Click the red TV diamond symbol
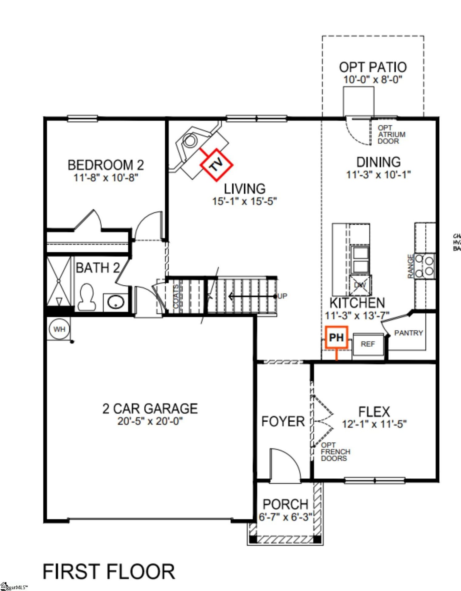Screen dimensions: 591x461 coord(216,165)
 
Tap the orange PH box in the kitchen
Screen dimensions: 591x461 coord(336,337)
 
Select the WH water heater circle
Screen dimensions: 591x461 coord(59,329)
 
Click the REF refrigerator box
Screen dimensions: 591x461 coord(368,344)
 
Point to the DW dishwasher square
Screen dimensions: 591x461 coord(360,285)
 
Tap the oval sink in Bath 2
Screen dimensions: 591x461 coord(115,302)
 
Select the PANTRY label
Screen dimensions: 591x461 coord(408,333)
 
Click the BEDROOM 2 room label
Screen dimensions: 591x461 coord(106,165)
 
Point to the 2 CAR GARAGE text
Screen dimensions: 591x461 coord(150,409)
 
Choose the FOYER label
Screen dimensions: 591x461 coord(283,421)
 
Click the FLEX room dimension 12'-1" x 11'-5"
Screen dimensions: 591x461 coord(374,424)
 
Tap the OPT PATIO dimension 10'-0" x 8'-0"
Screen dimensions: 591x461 coord(373,80)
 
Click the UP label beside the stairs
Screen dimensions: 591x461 coord(282,296)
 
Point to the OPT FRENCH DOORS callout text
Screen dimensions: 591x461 coord(335,452)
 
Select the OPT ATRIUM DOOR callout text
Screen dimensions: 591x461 coord(391,135)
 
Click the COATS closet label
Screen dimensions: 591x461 coord(176,296)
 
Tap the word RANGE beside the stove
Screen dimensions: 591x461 coord(410,267)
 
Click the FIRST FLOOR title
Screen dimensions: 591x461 coord(109,572)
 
